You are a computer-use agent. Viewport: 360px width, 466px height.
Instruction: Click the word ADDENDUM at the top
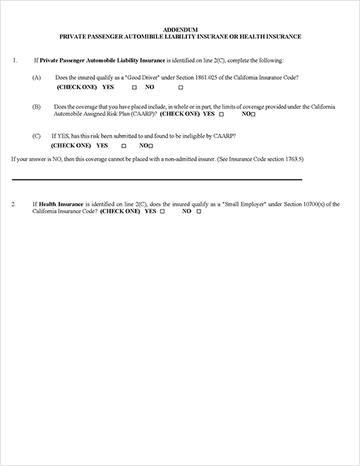[179, 29]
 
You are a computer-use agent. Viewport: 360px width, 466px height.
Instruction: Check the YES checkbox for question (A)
[133, 88]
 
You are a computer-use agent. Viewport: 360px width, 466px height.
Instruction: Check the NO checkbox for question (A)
[181, 88]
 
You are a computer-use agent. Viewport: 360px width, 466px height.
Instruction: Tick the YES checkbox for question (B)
[222, 114]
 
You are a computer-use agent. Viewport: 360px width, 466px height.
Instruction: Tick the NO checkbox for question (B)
[253, 114]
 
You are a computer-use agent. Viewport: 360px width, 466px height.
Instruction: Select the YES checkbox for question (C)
[124, 145]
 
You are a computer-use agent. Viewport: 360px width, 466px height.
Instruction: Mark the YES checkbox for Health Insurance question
[162, 212]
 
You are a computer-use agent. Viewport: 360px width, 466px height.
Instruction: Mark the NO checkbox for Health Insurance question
[198, 212]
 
